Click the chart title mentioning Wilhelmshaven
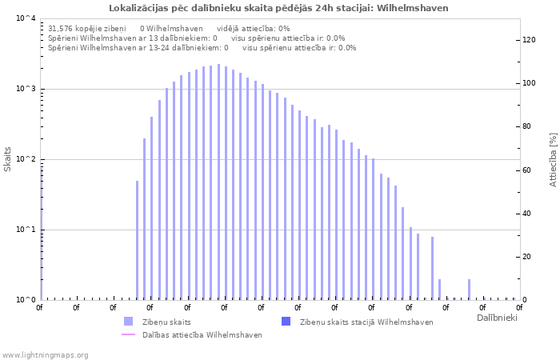tap(278, 8)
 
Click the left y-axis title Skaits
tap(8, 158)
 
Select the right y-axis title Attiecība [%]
tap(552, 160)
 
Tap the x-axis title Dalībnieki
tap(496, 318)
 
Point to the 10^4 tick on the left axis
tap(26, 18)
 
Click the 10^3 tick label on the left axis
tap(26, 89)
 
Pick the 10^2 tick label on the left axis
tap(26, 159)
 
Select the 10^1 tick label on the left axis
tap(26, 230)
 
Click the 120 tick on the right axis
tap(528, 40)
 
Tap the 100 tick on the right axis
tap(528, 83)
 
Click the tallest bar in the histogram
tap(218, 182)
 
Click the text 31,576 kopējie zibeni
tap(87, 28)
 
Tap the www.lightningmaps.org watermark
tap(45, 355)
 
